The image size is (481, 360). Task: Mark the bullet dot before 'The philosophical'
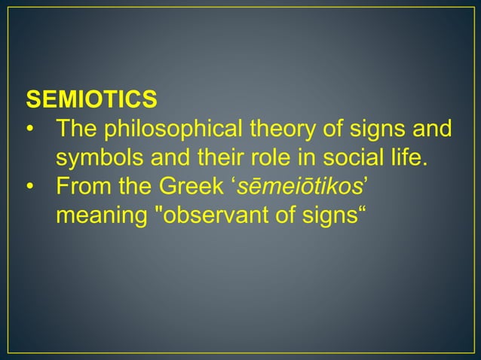30,130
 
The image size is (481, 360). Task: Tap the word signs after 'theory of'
381,130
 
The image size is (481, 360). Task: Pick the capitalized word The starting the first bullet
77,130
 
